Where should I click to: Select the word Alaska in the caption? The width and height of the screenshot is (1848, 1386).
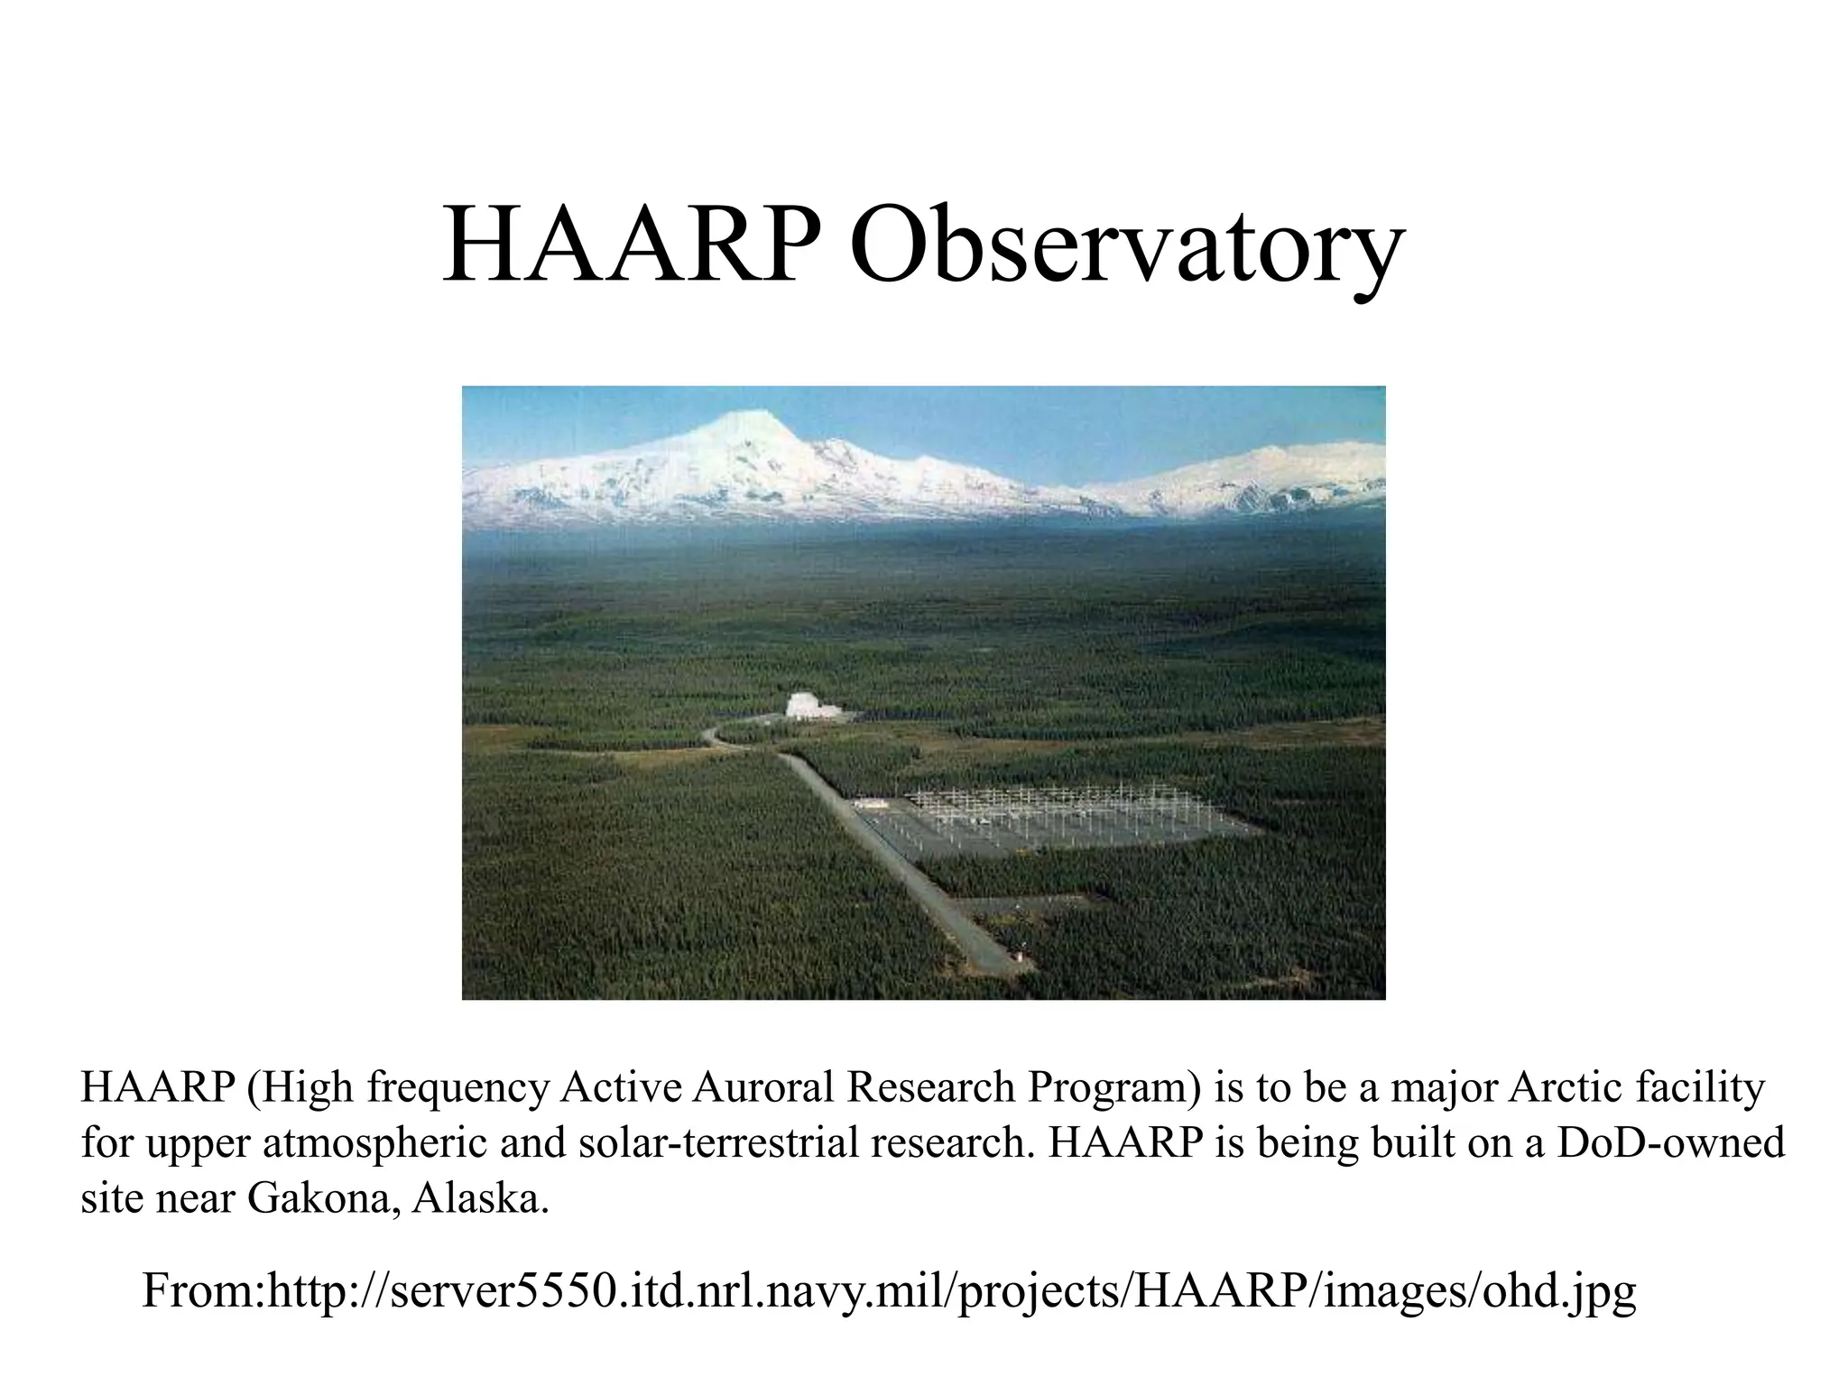coord(479,1198)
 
